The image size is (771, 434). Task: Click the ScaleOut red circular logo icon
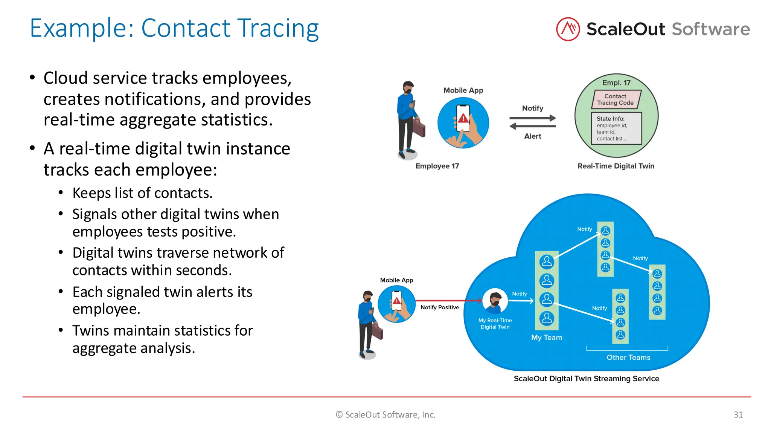[568, 29]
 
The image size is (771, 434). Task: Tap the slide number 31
[738, 414]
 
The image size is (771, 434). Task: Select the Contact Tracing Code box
[616, 99]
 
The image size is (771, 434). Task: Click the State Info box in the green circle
[616, 128]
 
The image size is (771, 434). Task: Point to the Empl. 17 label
[616, 83]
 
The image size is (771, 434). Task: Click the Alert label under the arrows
[532, 136]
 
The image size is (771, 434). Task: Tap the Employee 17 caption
[437, 166]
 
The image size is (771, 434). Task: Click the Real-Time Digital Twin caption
[616, 166]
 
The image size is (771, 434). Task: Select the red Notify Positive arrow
[448, 301]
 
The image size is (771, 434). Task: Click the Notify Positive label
[439, 307]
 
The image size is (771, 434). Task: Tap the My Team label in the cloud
[546, 338]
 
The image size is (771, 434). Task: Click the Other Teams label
[628, 357]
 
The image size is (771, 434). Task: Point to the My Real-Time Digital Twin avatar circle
[495, 301]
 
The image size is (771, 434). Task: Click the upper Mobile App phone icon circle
[463, 123]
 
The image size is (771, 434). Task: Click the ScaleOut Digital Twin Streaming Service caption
[586, 378]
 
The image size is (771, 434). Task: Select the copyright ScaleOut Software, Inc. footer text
[385, 414]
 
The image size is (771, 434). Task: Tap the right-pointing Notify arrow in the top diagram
[532, 118]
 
